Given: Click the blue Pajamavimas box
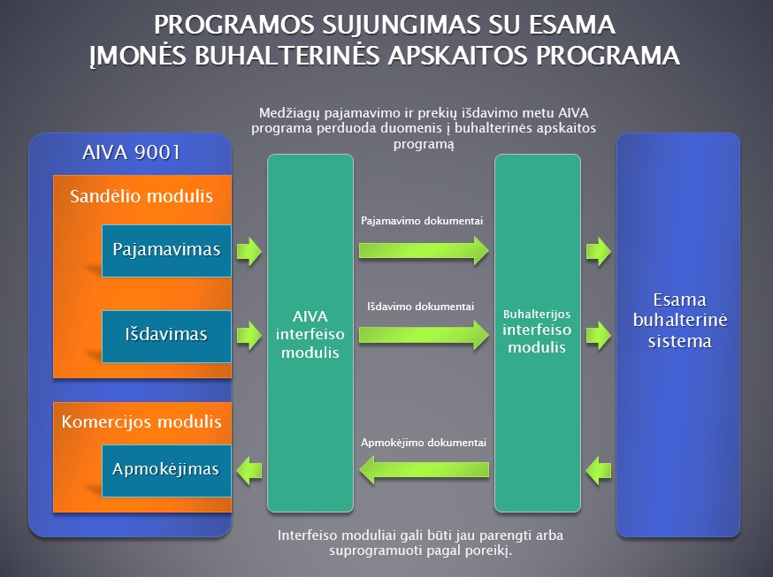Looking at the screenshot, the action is [x=166, y=251].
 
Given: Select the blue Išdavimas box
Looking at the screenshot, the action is [x=166, y=337].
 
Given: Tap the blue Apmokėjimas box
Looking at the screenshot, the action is [x=166, y=471].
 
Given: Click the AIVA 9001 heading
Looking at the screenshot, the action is [x=131, y=153].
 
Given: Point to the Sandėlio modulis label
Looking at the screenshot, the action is [x=142, y=196].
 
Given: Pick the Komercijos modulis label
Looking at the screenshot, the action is [x=142, y=422].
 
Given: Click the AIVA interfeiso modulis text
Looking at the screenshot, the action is [x=310, y=334].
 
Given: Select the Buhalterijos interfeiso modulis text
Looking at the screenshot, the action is [x=537, y=331].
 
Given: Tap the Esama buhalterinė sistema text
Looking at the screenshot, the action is [x=680, y=321].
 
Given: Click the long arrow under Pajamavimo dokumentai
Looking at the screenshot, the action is [x=424, y=251].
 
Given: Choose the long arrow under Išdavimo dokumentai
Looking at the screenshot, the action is [x=424, y=335].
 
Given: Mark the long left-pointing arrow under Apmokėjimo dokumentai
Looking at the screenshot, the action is [x=424, y=470].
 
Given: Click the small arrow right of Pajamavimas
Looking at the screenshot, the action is [x=249, y=251].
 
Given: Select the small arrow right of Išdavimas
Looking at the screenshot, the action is [x=249, y=336].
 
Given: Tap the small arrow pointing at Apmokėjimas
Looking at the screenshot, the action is [x=249, y=470].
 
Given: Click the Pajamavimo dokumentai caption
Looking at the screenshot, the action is [x=422, y=221].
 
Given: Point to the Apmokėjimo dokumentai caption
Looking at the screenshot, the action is [x=424, y=443].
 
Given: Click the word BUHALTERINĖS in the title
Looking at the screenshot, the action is [x=287, y=55].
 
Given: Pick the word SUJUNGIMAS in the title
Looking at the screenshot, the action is [x=401, y=25].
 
